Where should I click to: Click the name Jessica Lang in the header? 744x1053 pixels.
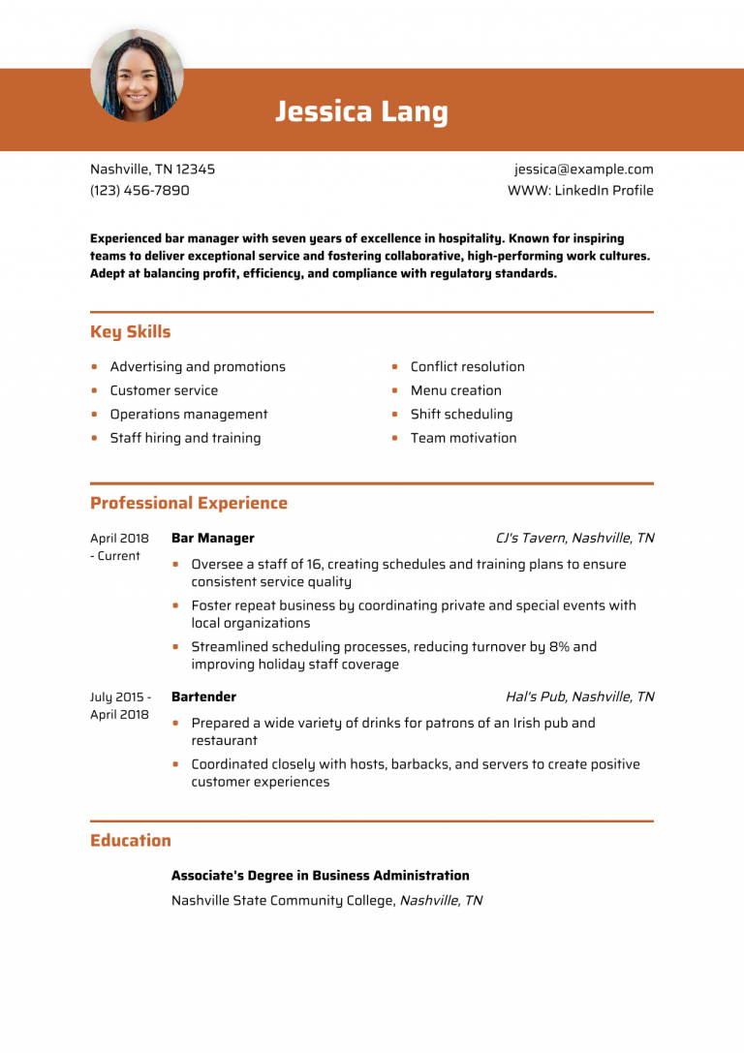[x=361, y=112]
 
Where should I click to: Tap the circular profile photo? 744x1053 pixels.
[x=137, y=75]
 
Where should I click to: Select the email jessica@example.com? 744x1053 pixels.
[x=583, y=170]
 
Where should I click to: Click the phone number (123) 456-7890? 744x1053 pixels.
[x=139, y=191]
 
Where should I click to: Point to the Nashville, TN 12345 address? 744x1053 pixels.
[x=152, y=170]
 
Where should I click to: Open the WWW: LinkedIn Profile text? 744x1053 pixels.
[x=580, y=191]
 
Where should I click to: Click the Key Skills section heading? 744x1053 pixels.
[x=130, y=332]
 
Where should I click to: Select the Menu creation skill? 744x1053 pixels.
[x=455, y=390]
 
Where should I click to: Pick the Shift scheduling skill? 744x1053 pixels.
[x=461, y=415]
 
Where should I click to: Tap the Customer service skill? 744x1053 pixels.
[x=164, y=390]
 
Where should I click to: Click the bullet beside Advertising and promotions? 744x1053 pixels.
[x=94, y=367]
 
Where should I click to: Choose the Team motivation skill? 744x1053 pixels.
[x=463, y=438]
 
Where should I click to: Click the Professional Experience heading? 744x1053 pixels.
[x=189, y=504]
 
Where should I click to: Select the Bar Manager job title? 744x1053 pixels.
[x=212, y=539]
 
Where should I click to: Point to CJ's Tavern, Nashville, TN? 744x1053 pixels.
[x=574, y=539]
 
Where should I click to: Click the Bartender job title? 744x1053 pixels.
[x=203, y=697]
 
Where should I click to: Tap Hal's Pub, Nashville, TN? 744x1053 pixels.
[x=579, y=697]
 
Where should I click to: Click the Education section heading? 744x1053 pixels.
[x=130, y=841]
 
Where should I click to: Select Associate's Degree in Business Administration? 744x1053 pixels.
[x=320, y=876]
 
